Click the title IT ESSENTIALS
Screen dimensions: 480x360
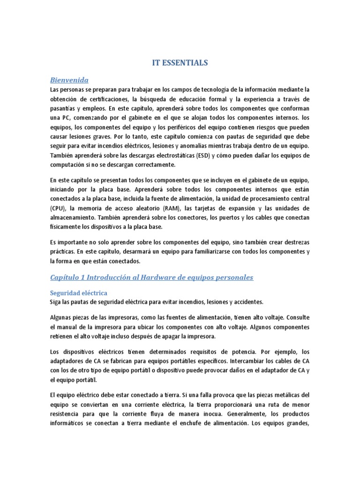[180, 62]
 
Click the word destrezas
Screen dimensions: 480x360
[290, 242]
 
